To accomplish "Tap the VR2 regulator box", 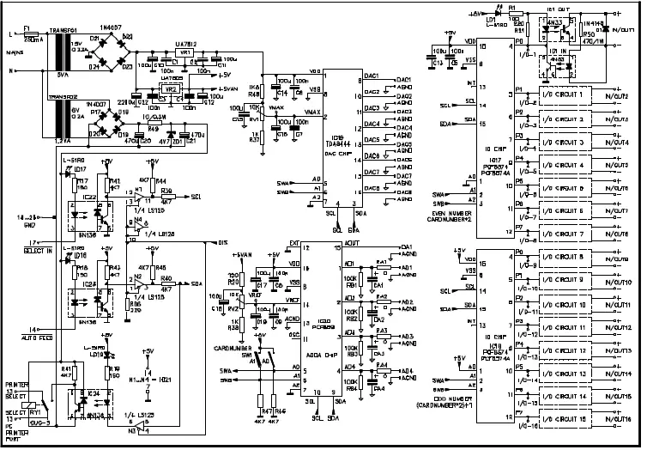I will coord(171,88).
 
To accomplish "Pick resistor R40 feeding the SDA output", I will coord(166,283).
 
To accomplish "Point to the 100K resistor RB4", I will coord(352,379).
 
